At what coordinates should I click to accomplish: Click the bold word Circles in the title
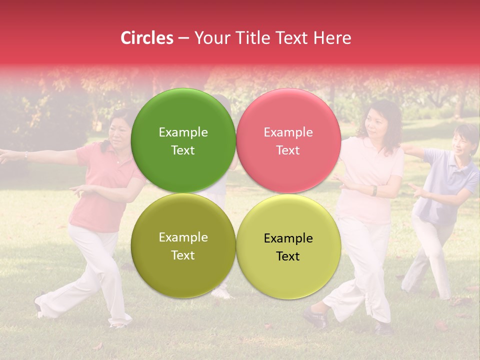(x=147, y=38)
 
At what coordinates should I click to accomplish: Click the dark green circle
(x=183, y=140)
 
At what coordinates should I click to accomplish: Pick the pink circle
(x=288, y=140)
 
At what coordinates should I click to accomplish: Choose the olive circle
(x=183, y=245)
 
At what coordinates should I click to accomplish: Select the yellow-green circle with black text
(x=288, y=246)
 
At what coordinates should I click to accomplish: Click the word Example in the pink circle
(x=288, y=132)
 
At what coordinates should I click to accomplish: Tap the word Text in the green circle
(x=183, y=150)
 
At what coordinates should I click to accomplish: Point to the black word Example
(x=288, y=238)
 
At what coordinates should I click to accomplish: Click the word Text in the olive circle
(x=183, y=255)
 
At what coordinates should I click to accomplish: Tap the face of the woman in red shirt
(x=119, y=134)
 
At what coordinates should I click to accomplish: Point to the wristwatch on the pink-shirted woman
(x=374, y=190)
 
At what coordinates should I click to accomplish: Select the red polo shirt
(x=102, y=190)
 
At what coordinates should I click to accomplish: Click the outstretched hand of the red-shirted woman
(x=6, y=156)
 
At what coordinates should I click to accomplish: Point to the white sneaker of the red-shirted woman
(x=40, y=306)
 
